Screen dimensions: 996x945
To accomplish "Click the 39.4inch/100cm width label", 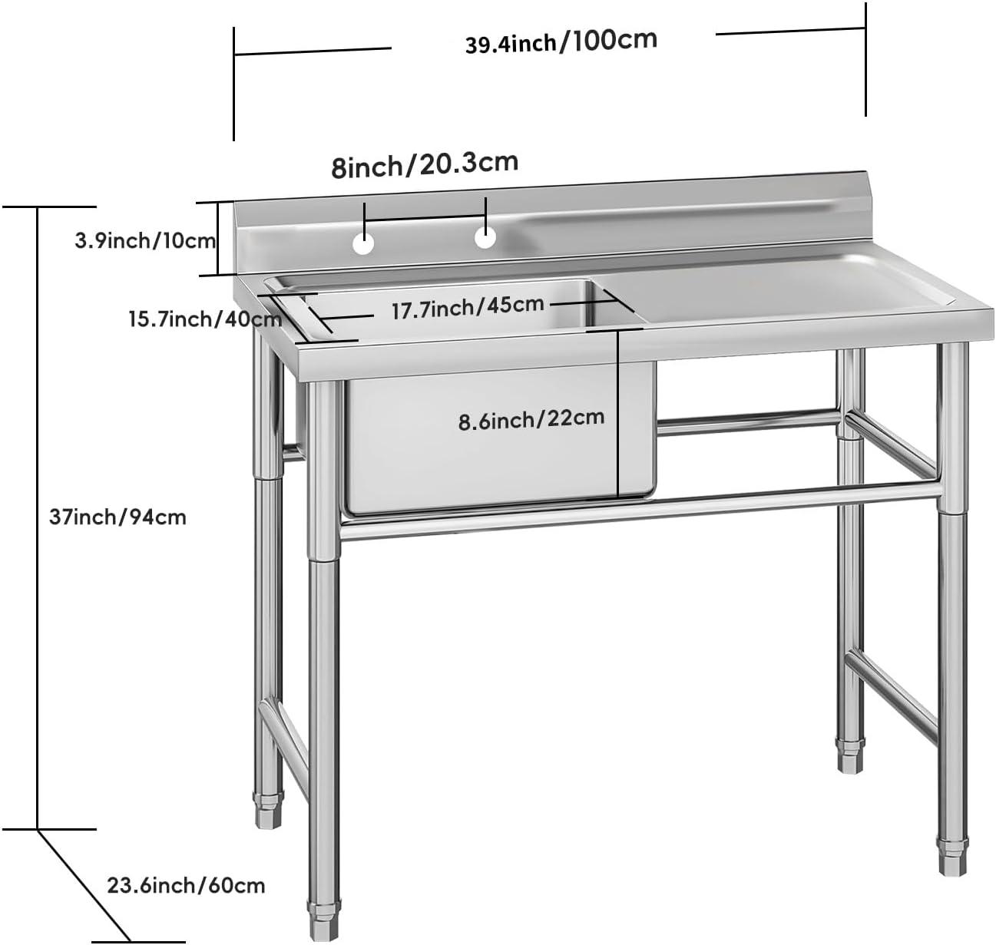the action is click(x=561, y=41).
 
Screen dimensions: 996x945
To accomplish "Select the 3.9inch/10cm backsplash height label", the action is click(x=144, y=241).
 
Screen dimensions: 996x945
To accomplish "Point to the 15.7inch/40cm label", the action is click(x=204, y=318).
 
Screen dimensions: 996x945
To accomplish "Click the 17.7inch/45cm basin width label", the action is click(x=467, y=308).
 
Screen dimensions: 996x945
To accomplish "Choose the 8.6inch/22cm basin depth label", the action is click(x=531, y=419).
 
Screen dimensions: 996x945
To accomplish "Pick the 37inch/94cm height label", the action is click(x=117, y=517).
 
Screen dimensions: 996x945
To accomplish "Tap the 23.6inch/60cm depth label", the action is click(x=186, y=886).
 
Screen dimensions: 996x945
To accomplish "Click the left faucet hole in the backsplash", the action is click(x=362, y=243).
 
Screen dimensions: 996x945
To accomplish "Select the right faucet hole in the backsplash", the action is click(x=485, y=237).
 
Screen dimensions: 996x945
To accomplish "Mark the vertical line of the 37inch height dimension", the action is click(x=37, y=517).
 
